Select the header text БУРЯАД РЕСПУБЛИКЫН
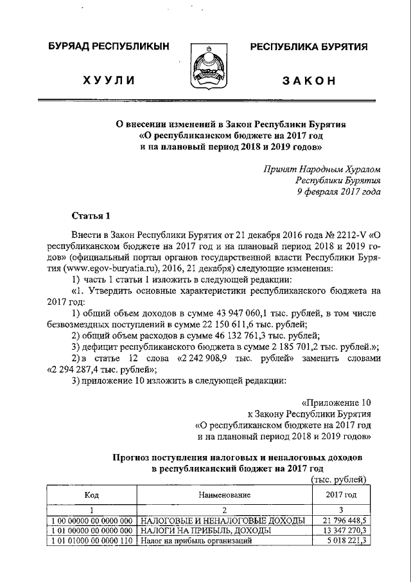(x=109, y=47)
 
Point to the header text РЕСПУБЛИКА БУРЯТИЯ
(x=308, y=47)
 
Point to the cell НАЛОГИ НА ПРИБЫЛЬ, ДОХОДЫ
(x=205, y=531)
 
